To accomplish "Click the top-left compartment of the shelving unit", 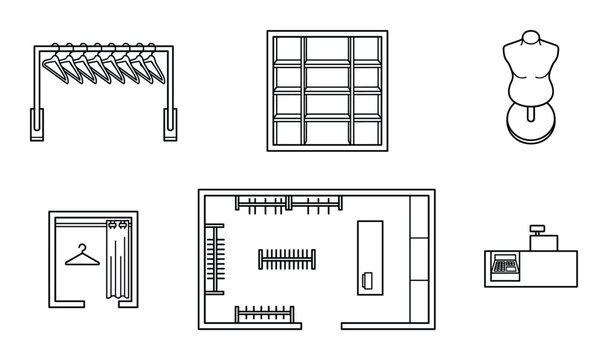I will coord(287,50).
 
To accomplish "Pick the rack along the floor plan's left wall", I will coord(212,260).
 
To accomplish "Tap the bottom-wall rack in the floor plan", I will coord(267,313).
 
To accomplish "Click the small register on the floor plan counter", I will coord(369,279).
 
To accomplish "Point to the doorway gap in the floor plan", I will coord(320,326).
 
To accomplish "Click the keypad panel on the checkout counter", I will coord(503,266).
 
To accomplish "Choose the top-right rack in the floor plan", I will coord(314,206).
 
